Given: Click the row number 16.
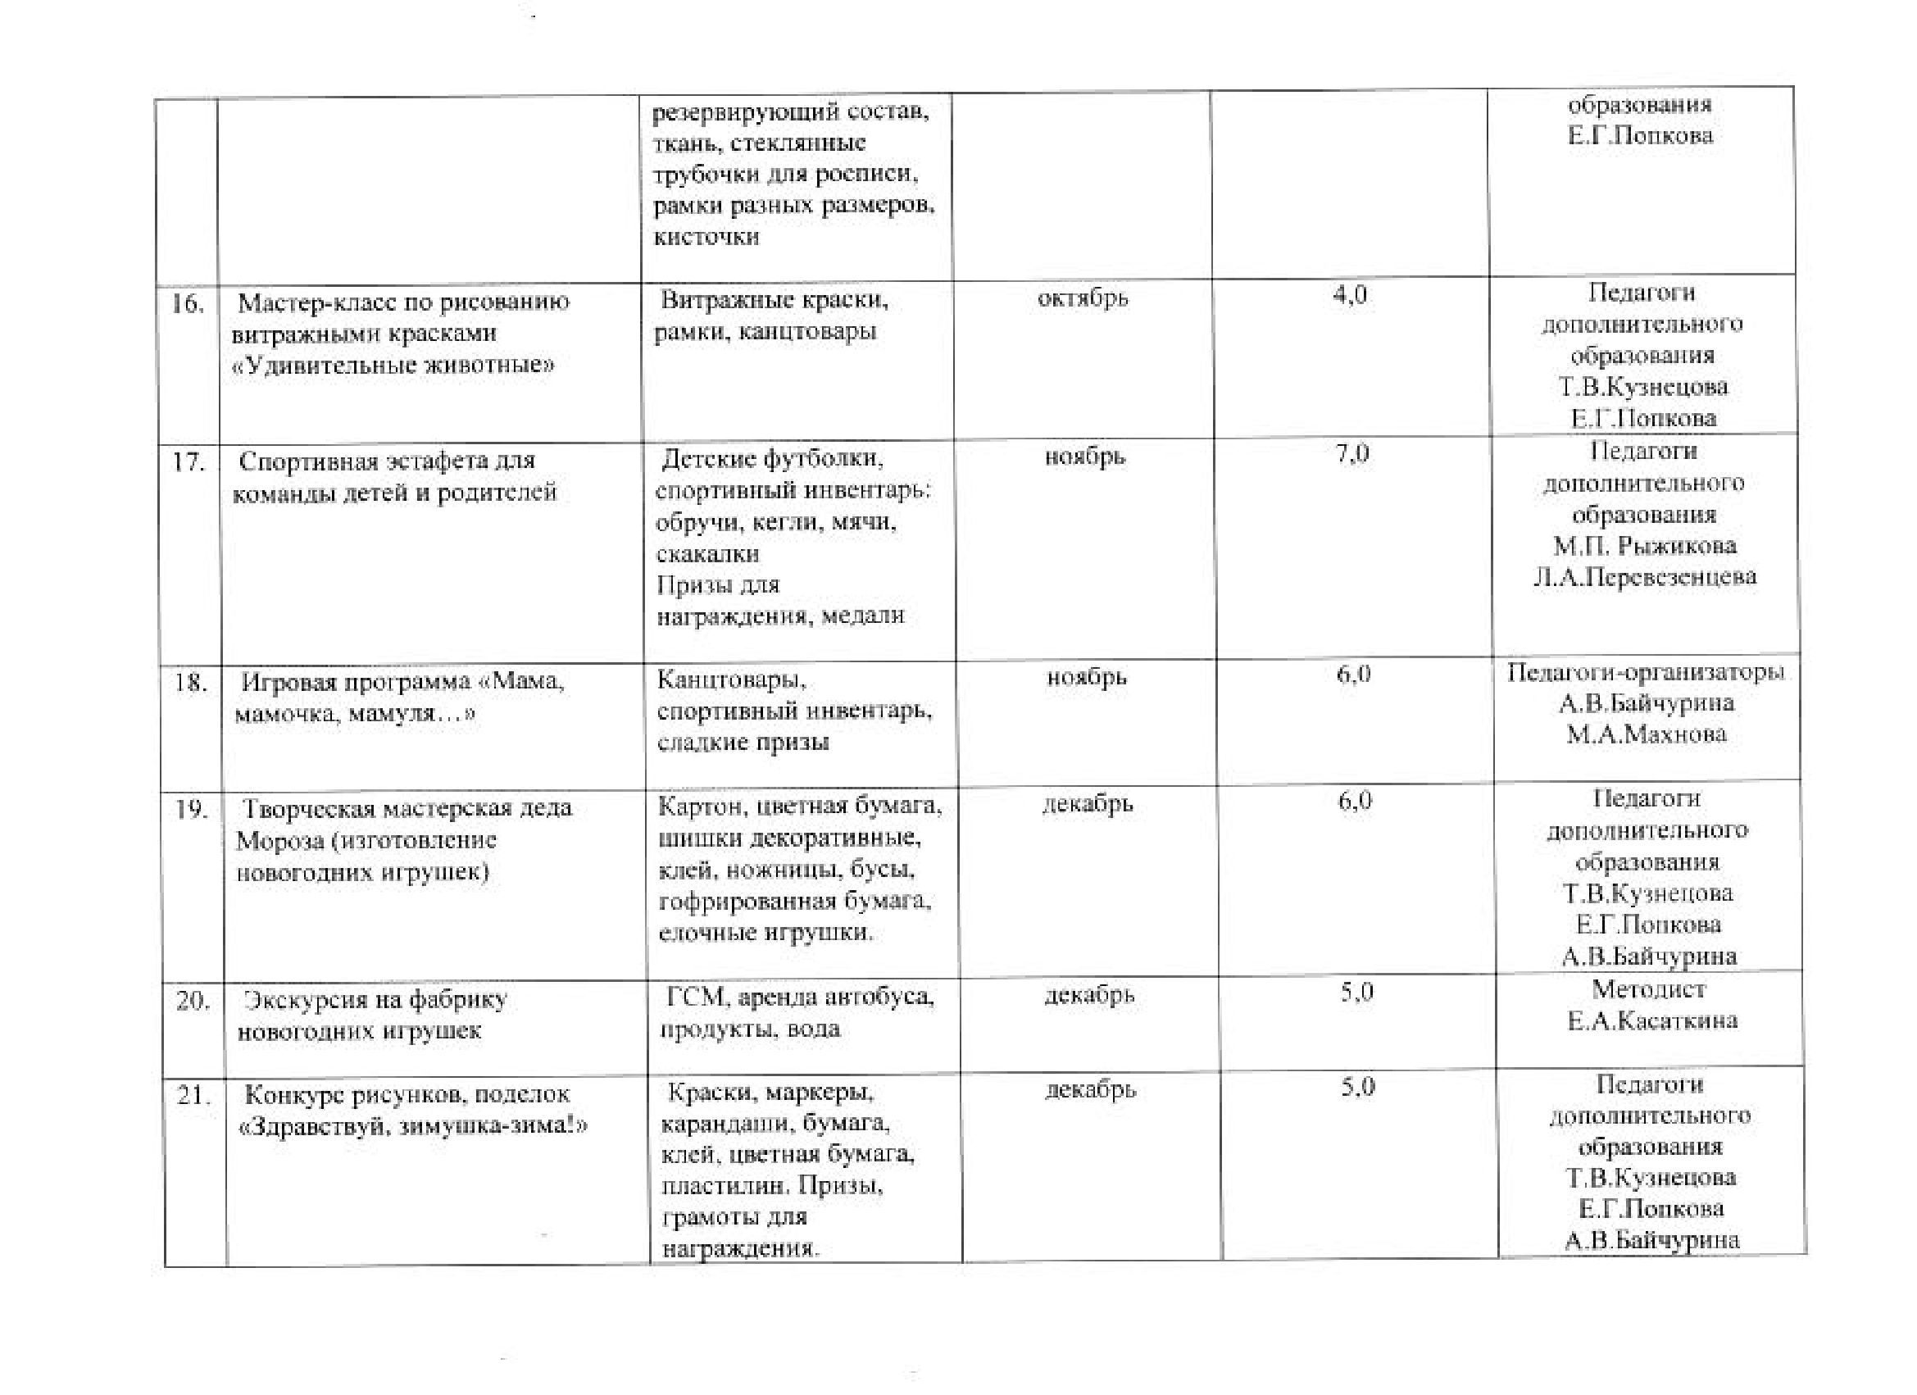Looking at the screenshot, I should pos(187,303).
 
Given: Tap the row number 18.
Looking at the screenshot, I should pos(190,682).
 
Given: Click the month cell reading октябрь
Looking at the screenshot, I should pos(1082,298).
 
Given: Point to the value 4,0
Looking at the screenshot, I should pos(1349,295).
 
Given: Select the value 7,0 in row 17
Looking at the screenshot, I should pos(1351,454).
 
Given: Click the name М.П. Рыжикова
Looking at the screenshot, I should pos(1644,546).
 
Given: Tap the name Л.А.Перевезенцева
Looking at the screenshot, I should pos(1644,578).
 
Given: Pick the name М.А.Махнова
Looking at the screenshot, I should pos(1646,734).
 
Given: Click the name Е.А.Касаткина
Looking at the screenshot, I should pos(1651,1021).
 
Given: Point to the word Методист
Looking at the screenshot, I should pos(1648,989).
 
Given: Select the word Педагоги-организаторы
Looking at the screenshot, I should pos(1645,672).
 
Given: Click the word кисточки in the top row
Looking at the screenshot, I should pos(706,237).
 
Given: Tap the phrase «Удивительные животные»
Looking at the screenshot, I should pos(393,366).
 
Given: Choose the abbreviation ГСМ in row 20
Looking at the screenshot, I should pos(695,997).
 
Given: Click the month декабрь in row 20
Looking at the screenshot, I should pos(1088,996).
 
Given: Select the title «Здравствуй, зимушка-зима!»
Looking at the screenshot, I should pos(413,1126).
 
